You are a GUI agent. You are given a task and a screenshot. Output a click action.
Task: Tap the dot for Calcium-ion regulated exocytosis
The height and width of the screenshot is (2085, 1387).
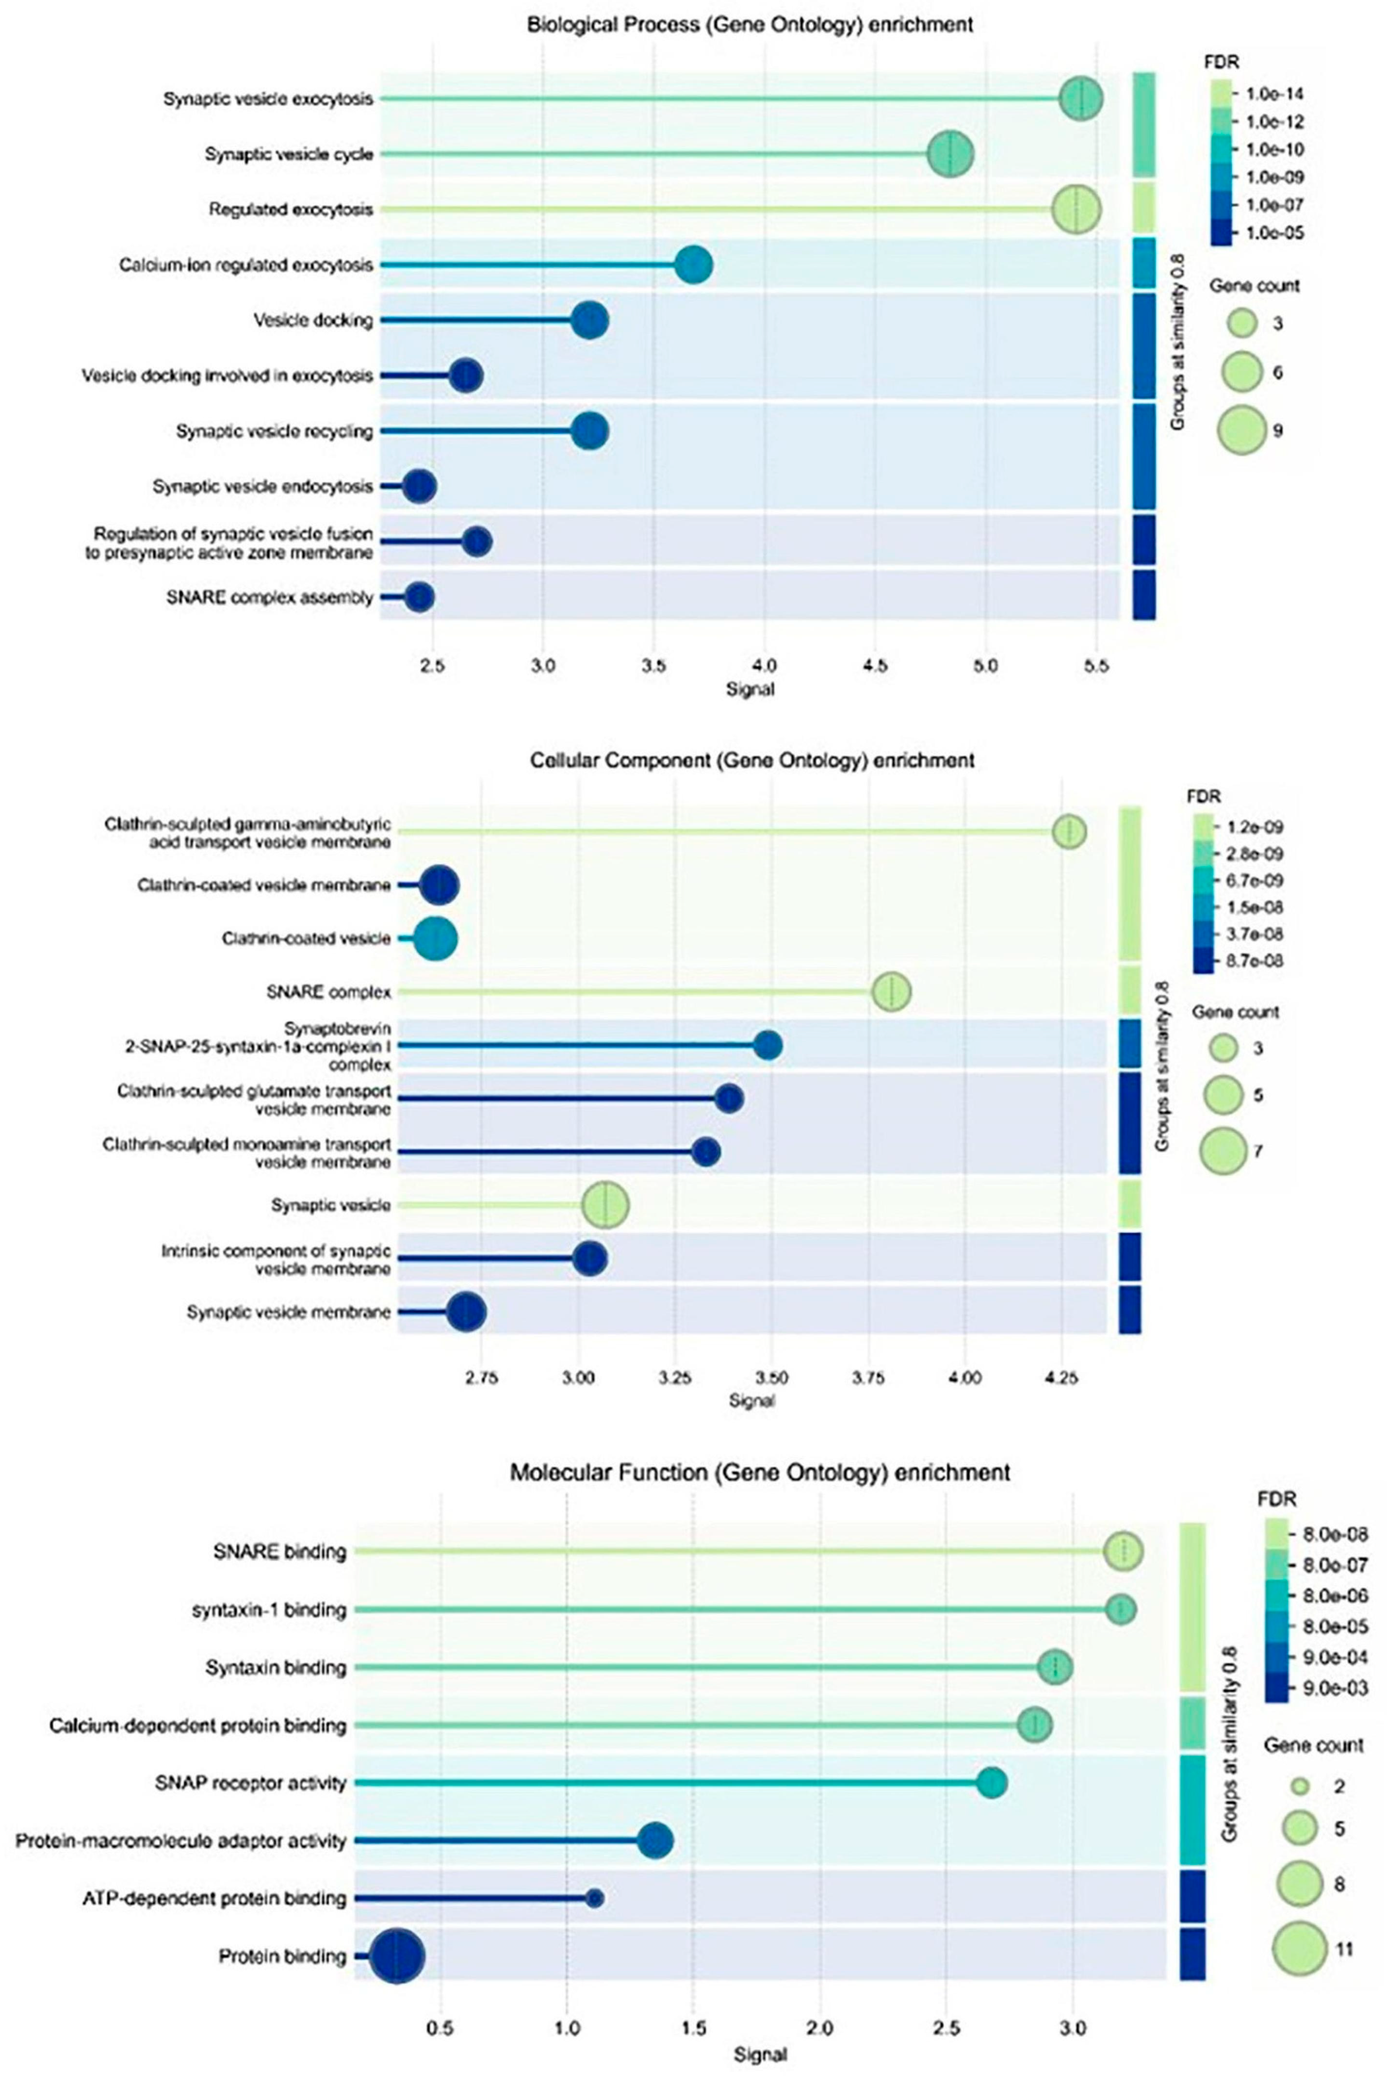coord(694,265)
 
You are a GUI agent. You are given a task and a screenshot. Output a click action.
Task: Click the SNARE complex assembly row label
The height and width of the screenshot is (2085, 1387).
coord(269,598)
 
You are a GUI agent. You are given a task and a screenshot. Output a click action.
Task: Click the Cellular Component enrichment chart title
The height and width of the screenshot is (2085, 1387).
coord(752,760)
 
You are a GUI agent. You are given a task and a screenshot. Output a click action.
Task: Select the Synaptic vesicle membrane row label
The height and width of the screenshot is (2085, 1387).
coord(288,1313)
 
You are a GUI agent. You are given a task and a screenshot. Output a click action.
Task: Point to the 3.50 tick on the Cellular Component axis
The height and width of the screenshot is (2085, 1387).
coord(772,1378)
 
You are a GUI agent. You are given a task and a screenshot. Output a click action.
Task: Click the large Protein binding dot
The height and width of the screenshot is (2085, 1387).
coord(397,1957)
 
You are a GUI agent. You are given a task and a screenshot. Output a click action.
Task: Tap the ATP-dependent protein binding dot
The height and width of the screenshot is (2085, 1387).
coord(594,1898)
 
